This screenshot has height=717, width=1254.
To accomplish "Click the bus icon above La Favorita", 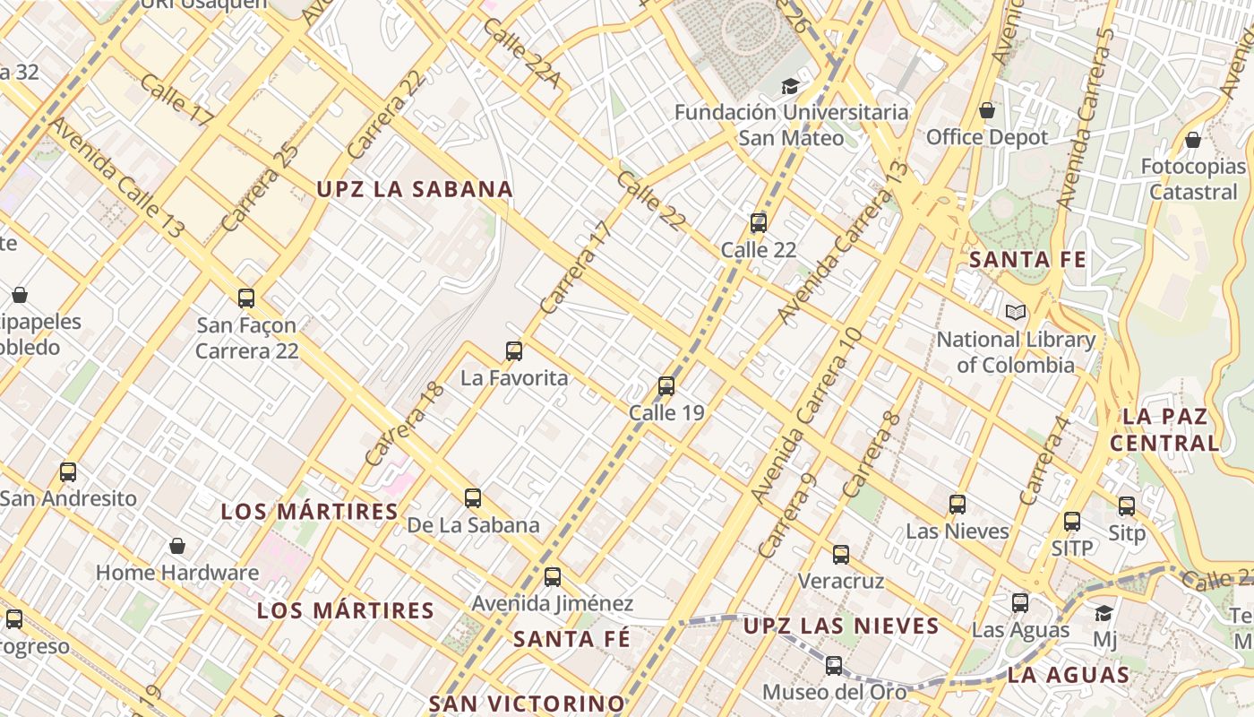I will tap(514, 350).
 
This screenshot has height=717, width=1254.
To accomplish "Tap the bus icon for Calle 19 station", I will tap(666, 386).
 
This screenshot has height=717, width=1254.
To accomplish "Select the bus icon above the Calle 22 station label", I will tap(759, 223).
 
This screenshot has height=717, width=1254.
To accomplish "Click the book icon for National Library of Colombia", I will tap(1015, 312).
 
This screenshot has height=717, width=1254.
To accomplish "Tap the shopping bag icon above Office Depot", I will tap(987, 110).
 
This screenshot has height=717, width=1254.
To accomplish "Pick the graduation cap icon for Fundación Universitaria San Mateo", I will tap(790, 86).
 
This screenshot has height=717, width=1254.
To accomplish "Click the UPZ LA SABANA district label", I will tap(415, 189).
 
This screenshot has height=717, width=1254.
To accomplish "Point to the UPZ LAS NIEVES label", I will tap(841, 626).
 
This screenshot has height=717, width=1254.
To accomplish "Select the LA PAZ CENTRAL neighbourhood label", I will tap(1164, 429).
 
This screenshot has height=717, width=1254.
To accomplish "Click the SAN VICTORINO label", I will tap(527, 703).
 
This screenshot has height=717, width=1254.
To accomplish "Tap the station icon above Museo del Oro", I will tap(834, 666).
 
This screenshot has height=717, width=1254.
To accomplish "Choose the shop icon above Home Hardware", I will tap(177, 546).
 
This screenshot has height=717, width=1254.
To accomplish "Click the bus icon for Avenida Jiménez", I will tap(553, 577).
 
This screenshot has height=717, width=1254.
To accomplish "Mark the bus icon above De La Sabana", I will tap(473, 498).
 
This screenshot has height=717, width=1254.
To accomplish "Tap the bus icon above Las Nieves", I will tap(958, 505).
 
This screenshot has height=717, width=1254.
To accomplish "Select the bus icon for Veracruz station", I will tap(841, 555).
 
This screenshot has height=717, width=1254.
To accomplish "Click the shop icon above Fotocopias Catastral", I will tap(1193, 140).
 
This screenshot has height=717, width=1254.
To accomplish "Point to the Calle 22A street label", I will tap(521, 53).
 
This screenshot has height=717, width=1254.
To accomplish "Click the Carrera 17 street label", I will tap(576, 267).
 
